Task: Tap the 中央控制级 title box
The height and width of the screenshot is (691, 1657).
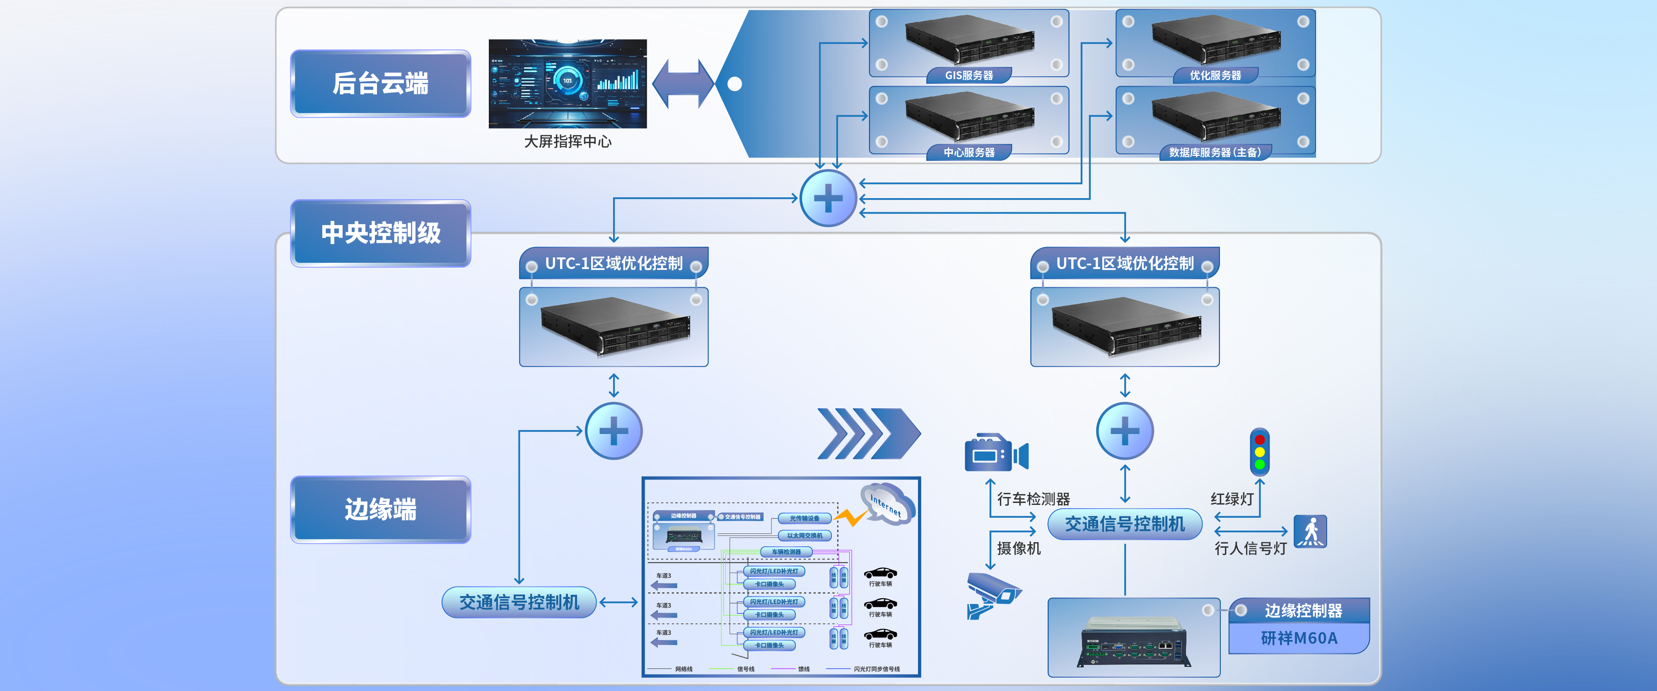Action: point(380,233)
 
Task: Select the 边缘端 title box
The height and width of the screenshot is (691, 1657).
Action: point(380,509)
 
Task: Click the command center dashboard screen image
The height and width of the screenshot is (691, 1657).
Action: point(568,84)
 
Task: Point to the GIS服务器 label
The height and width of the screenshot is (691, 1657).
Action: point(969,75)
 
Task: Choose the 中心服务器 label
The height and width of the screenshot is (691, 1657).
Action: point(969,153)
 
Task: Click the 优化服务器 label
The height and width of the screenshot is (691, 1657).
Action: point(1215,75)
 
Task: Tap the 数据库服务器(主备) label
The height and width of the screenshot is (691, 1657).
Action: point(1215,153)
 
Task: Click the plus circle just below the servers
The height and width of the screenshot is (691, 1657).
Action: point(828,198)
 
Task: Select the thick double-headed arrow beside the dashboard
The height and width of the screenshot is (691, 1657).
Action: point(683,84)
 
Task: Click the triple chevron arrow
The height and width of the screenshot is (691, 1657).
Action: point(868,434)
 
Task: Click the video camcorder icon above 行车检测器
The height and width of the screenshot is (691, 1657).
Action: point(996,453)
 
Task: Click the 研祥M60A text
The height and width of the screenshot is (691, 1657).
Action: point(1299,638)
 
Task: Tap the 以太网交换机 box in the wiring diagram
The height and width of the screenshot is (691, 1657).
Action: point(805,535)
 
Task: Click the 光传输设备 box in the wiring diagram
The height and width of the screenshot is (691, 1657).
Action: point(805,518)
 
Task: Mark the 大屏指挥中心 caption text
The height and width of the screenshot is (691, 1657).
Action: point(568,141)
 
